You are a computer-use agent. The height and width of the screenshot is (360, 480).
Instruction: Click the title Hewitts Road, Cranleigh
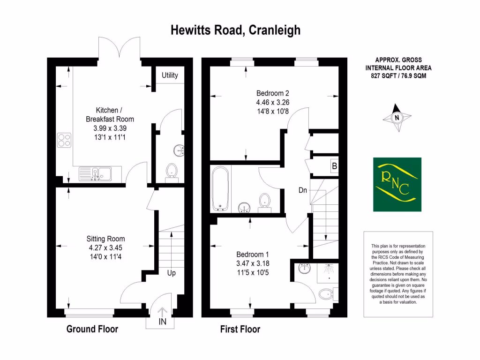[x=235, y=30]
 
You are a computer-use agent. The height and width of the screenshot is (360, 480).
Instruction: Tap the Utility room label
[x=170, y=75]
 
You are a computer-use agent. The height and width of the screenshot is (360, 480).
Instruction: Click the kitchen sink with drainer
[x=95, y=174]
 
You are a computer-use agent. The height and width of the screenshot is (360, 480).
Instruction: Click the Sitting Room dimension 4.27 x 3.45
[x=107, y=247]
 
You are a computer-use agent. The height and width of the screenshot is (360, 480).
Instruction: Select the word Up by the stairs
[x=171, y=273]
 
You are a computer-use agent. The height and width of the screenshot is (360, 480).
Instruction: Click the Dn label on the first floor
[x=303, y=191]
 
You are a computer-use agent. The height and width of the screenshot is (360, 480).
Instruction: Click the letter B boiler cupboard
[x=334, y=166]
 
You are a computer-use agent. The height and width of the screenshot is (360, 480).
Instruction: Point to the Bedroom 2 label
[x=273, y=92]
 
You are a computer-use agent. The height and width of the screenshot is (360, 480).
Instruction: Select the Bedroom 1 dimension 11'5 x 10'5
[x=253, y=272]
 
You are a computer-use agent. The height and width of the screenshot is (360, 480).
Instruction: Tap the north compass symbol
[x=397, y=118]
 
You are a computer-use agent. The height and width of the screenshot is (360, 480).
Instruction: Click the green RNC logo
[x=397, y=184]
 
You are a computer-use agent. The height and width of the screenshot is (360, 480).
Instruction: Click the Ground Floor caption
[x=92, y=329]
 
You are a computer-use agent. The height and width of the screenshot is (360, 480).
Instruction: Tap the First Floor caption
[x=240, y=330]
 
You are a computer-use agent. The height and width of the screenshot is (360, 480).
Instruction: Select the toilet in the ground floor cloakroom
[x=172, y=171]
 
